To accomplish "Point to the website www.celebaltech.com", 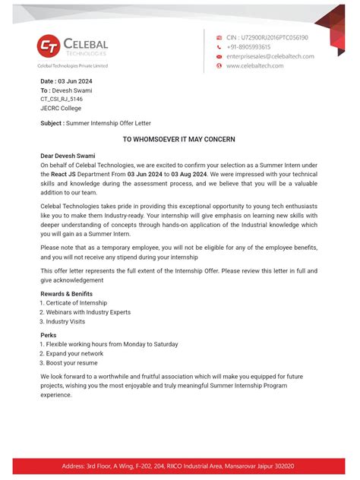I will (x=254, y=66).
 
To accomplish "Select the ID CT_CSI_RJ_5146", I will (x=62, y=99).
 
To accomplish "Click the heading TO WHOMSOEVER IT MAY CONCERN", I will (x=179, y=140).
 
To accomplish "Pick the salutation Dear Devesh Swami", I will (x=68, y=156).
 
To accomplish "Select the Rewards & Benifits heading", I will (x=66, y=294).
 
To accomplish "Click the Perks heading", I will (x=49, y=335).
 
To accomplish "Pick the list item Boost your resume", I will (x=71, y=363).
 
